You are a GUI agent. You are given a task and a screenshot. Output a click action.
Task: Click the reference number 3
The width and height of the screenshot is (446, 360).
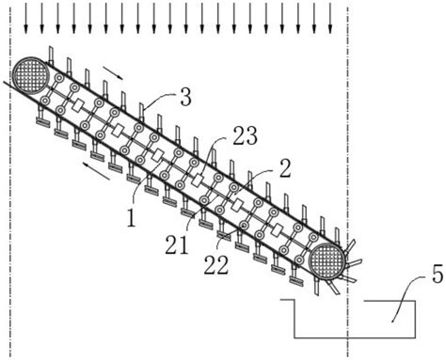click(x=185, y=98)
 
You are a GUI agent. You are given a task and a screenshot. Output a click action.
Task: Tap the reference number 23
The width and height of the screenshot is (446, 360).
click(x=245, y=136)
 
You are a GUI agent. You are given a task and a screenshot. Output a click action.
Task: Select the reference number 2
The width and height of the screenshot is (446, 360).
click(x=284, y=169)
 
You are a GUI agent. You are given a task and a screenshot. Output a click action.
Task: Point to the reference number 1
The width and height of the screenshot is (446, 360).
click(x=131, y=218)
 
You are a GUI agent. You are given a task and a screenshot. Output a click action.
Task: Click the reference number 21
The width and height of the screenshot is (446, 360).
click(x=177, y=245)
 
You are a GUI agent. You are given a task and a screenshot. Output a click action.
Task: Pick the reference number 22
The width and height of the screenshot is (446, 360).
click(x=216, y=266)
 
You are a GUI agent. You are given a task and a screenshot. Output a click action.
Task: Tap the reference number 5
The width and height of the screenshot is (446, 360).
click(x=438, y=274)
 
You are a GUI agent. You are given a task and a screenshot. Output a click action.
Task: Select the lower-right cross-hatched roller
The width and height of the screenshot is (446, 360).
click(x=327, y=260)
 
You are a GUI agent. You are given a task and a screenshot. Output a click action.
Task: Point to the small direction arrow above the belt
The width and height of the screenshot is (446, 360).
click(x=112, y=72)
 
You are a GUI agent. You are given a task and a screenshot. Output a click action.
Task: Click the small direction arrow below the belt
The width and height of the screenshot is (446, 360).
click(x=96, y=171)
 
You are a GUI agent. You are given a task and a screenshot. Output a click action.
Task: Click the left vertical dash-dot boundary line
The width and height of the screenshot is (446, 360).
click(x=10, y=181)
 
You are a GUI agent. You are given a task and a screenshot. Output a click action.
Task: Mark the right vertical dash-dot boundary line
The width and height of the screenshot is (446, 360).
click(x=347, y=181)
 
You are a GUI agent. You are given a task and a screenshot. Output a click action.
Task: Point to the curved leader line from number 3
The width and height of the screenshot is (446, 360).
click(x=159, y=99)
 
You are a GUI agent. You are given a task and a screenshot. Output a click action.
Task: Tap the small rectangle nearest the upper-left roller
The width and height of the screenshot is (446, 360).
click(x=78, y=105)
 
